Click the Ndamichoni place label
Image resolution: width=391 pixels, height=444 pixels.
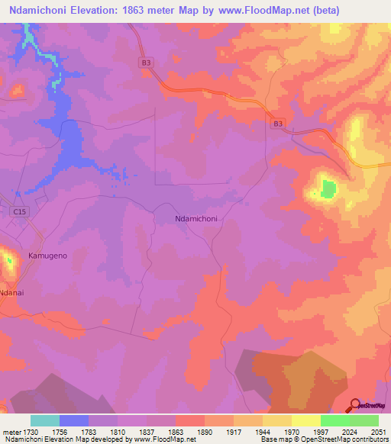[197, 218]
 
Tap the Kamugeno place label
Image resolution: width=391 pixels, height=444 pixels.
[48, 256]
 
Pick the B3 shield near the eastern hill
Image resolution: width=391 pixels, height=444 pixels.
[278, 122]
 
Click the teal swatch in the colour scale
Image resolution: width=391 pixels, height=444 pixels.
[45, 420]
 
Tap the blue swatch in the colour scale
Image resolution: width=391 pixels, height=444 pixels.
[74, 420]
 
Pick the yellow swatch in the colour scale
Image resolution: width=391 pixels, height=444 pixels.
[305, 420]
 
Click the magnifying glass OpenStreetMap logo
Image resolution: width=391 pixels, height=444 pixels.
[354, 405]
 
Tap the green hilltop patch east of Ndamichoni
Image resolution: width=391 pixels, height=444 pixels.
[328, 188]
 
